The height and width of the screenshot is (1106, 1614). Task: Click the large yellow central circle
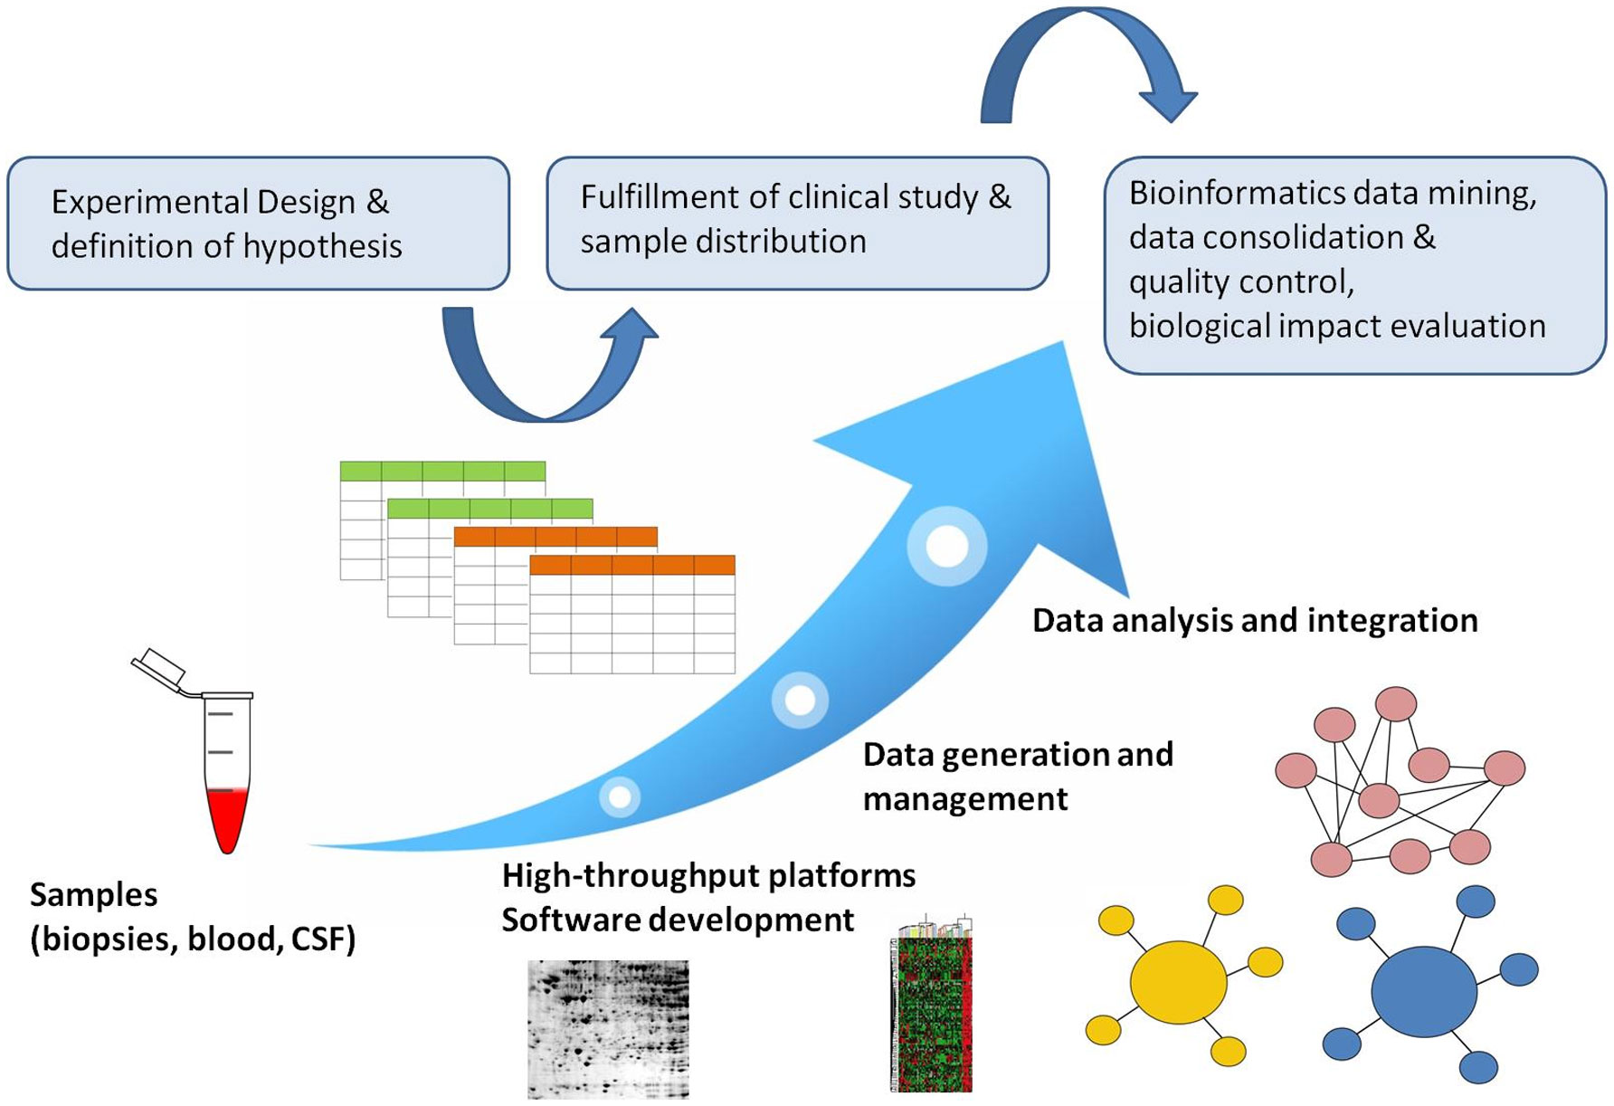coord(1178,982)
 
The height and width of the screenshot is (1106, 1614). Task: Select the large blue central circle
coord(1423,992)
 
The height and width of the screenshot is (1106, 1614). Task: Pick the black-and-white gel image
coord(608,1029)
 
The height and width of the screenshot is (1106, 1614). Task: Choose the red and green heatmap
coord(931,1009)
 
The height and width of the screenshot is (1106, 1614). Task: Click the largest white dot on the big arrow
coord(947,546)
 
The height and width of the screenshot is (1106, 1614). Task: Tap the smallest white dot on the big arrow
coord(620,797)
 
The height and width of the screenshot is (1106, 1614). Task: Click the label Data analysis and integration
coord(1254,621)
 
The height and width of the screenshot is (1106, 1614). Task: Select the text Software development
coord(678,920)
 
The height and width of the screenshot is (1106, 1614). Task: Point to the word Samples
coord(93,895)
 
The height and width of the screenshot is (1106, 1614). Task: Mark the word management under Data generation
coord(964,799)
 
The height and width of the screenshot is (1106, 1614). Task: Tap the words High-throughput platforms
coord(708,876)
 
